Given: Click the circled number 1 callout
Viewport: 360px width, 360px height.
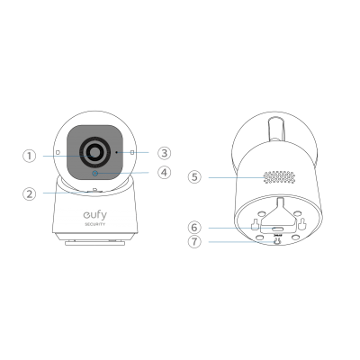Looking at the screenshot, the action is click(x=30, y=156).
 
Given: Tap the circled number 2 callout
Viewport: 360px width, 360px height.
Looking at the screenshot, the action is click(x=30, y=193).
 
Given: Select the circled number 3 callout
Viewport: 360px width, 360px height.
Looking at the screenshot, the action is click(x=164, y=153).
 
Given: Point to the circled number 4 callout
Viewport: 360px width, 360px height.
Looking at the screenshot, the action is click(x=164, y=173).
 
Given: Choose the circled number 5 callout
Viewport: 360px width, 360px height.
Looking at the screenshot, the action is click(x=194, y=177).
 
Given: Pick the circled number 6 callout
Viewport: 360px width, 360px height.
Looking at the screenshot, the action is click(x=194, y=228).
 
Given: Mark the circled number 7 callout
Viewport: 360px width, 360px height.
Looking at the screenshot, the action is click(x=194, y=241).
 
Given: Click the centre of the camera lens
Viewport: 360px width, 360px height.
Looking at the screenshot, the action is click(x=94, y=151).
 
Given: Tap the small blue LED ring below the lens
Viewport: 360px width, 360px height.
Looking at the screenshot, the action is click(x=95, y=174).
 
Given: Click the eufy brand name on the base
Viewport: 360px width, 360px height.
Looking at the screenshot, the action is click(x=94, y=215).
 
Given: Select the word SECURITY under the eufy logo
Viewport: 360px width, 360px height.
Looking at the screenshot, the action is click(x=94, y=224).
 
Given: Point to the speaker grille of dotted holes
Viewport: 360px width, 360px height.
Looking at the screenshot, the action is click(x=279, y=177).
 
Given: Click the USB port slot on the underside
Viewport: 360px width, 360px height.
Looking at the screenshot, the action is click(x=278, y=229).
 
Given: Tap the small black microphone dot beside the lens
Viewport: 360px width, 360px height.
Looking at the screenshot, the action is click(x=117, y=152).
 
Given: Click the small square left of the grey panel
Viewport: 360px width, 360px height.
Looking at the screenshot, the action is click(x=58, y=152).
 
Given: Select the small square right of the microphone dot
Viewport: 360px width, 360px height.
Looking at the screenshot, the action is click(x=132, y=153).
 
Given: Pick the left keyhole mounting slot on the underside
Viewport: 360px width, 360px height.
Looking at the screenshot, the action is click(x=255, y=224).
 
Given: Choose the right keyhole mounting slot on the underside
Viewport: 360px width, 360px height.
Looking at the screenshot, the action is click(x=301, y=222).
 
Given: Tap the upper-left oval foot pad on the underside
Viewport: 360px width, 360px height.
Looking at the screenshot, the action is click(x=262, y=213).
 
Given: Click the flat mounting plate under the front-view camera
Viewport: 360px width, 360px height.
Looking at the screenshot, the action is click(x=95, y=243).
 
